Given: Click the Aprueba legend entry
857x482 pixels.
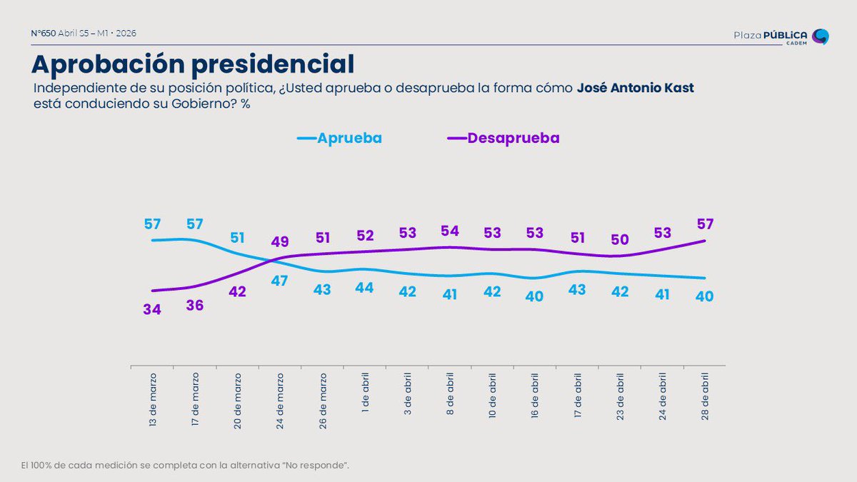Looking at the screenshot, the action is coord(339,138).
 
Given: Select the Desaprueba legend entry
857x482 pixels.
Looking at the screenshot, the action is coord(503,138).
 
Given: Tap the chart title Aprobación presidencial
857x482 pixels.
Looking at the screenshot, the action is coord(193,64).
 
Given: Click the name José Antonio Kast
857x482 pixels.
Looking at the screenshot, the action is coord(635,88).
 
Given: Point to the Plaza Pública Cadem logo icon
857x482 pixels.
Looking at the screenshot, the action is coord(821,36).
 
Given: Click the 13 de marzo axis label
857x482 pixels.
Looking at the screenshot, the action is coord(152,400).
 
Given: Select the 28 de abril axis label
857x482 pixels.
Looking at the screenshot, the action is coord(705,397).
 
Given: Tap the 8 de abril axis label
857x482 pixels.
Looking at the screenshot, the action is coord(450,394).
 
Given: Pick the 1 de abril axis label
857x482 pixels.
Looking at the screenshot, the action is coord(365,393).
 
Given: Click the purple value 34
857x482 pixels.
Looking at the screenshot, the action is coord(152,309).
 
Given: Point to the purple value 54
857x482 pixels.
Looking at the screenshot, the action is coord(449,231).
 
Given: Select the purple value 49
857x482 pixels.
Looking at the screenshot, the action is coord(280,242).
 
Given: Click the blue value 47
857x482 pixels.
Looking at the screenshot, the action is coord(279,281).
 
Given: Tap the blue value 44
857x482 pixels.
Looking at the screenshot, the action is coord(364,288).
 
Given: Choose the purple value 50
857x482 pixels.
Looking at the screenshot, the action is coord(620,240).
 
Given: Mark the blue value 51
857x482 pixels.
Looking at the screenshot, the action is coord(237,238).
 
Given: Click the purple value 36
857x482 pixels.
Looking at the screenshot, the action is coord(195,306).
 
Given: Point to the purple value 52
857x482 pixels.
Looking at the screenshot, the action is coord(365,236).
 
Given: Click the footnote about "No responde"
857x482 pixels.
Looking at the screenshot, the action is coord(185,466).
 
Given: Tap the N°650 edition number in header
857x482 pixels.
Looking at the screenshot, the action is coord(44,34).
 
